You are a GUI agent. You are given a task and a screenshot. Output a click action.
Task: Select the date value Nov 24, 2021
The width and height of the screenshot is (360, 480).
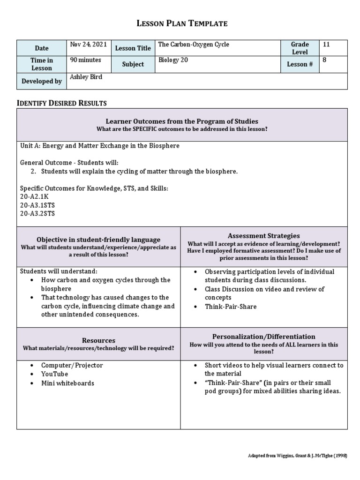point(88,45)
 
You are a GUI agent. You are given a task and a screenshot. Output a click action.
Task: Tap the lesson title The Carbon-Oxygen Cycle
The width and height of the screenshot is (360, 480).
point(194,45)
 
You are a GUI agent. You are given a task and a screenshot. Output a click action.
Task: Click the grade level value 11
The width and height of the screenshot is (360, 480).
point(326,45)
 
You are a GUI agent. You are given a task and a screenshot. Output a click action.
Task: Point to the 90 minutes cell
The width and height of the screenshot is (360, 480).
point(85,60)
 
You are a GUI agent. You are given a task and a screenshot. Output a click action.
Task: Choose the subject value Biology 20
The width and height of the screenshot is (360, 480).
point(173,60)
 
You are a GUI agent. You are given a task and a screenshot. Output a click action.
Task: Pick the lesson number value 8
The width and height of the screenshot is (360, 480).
point(324,60)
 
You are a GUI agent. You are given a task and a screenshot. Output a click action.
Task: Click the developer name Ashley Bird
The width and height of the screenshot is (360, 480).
point(86,77)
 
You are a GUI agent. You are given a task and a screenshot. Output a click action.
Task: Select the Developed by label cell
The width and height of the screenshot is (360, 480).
point(42,81)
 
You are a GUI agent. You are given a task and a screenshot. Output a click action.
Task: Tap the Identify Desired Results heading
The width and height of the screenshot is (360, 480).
point(62,103)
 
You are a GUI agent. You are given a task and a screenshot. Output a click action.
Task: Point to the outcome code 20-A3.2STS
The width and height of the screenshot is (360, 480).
point(37,214)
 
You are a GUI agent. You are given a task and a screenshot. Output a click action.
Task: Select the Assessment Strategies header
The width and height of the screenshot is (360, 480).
point(264,236)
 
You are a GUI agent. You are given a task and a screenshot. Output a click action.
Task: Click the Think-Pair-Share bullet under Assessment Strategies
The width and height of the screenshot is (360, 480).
point(231,307)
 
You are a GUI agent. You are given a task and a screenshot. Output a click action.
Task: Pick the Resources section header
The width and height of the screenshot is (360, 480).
point(98,340)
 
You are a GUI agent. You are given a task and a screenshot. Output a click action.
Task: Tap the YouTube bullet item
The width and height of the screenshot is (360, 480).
point(54,374)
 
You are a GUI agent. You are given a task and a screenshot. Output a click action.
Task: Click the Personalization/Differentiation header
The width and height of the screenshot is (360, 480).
point(264,337)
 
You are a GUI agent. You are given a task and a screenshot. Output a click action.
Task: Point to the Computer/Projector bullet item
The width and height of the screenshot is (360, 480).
point(72,365)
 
